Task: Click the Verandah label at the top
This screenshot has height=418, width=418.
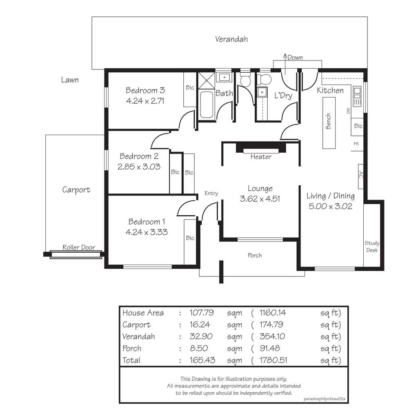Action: point(231,39)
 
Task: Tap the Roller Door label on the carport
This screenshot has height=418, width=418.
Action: point(79,247)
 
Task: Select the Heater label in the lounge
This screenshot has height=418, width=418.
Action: point(261,157)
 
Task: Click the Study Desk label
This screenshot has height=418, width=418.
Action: point(371,247)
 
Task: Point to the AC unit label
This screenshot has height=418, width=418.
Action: point(360,175)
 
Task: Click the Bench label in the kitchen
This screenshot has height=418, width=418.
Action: point(329,121)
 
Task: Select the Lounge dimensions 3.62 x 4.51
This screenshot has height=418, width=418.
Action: point(260,199)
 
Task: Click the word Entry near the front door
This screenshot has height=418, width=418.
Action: point(211,193)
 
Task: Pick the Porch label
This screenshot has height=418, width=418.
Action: point(255,256)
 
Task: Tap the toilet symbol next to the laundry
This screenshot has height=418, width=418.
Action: point(245,80)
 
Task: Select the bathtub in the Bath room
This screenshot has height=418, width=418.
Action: point(206,105)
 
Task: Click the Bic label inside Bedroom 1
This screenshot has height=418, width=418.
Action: point(190,238)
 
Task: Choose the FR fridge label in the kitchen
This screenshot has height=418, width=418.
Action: point(356,144)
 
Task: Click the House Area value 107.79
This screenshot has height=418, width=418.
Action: point(202,313)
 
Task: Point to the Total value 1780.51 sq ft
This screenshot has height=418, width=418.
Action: point(273,360)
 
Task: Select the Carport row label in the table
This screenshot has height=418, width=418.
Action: point(136,325)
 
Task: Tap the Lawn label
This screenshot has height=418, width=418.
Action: point(70,80)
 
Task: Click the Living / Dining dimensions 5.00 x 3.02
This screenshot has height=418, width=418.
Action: point(330,206)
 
